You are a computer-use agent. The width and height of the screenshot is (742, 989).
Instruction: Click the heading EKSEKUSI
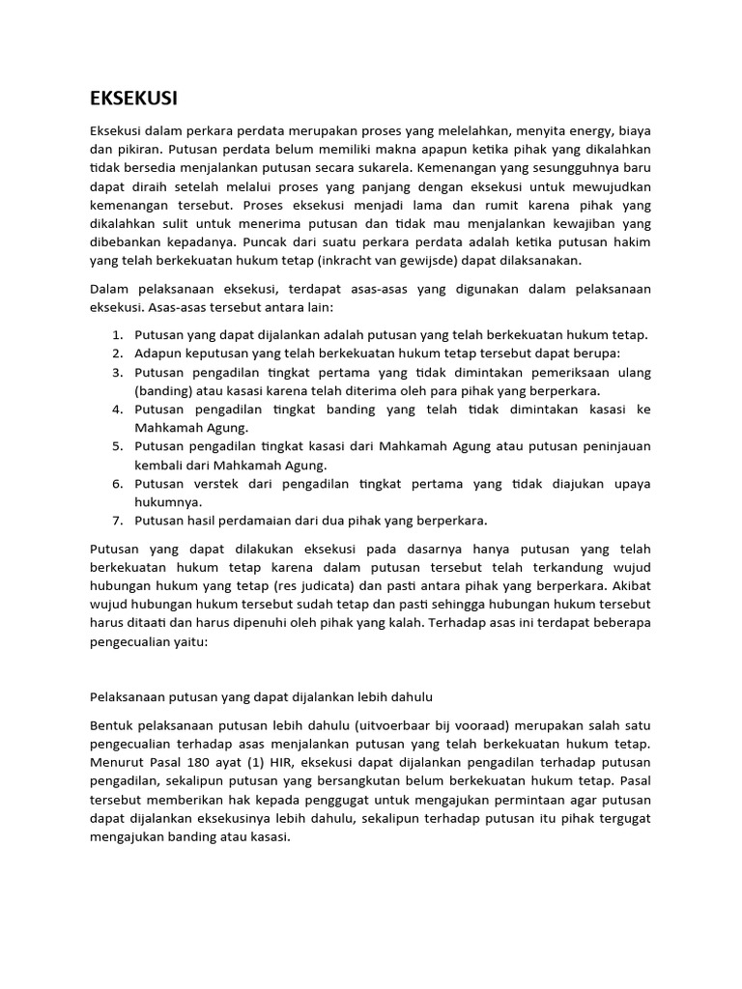pyautogui.click(x=133, y=99)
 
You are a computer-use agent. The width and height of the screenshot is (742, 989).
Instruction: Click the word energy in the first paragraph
pyautogui.click(x=589, y=130)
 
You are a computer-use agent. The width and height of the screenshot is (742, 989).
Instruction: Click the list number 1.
pyautogui.click(x=116, y=335)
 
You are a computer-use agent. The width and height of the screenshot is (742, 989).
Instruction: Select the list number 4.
pyautogui.click(x=116, y=410)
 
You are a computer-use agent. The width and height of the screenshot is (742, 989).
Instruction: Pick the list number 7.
pyautogui.click(x=116, y=521)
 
